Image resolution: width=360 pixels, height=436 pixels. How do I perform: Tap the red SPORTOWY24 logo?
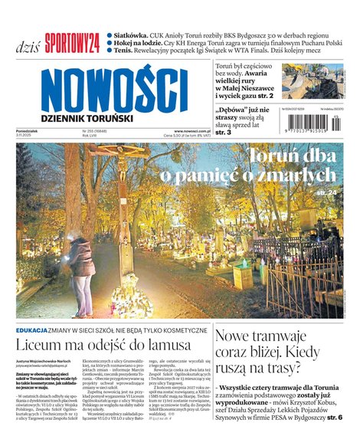click(71, 44)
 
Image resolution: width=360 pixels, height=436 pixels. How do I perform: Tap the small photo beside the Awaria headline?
click(312, 81)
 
